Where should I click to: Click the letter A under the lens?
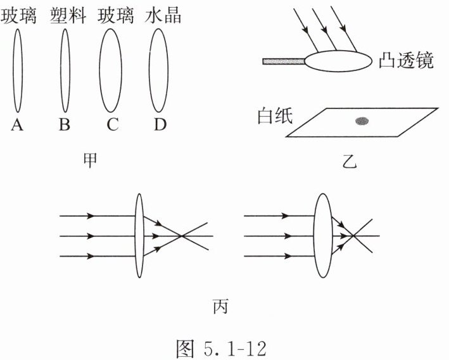17,125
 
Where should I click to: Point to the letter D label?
159,125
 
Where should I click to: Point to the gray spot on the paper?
362,120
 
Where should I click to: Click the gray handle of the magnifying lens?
284,61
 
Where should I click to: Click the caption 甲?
91,160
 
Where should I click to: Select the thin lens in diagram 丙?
139,236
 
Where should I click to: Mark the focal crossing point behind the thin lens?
182,236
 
